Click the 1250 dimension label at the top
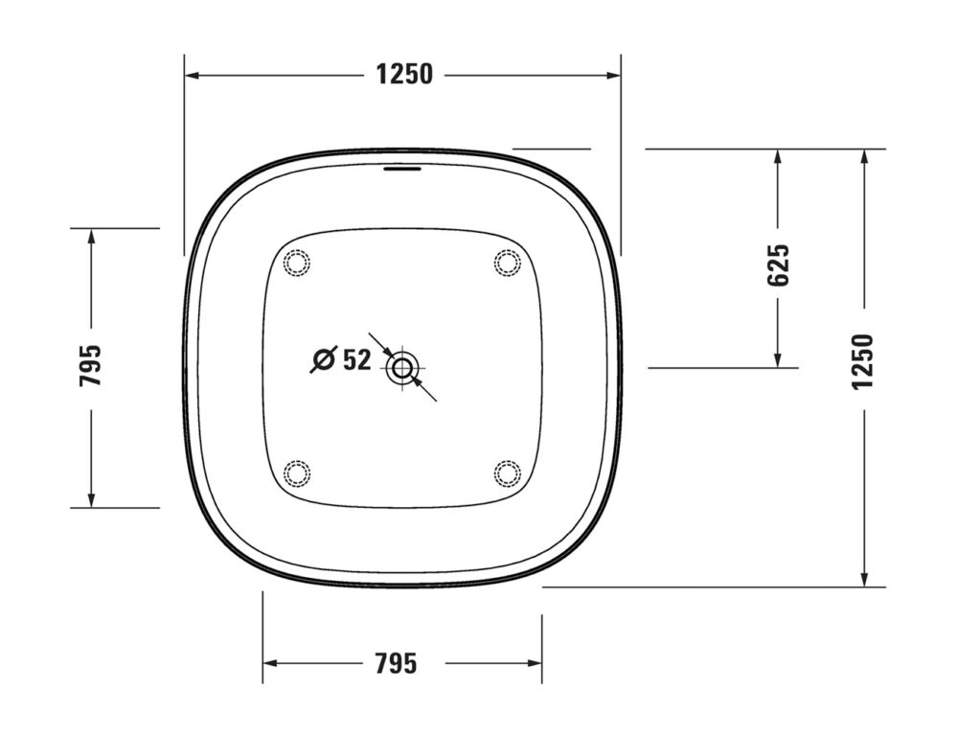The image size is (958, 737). pos(403,74)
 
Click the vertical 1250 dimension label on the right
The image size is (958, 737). pos(863,361)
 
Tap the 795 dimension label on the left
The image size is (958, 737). pos(91,365)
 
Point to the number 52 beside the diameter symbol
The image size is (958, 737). pos(356,360)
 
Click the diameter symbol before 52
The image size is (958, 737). pos(323,360)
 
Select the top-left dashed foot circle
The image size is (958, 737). pos(298,262)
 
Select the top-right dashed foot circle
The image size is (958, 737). pos(507,262)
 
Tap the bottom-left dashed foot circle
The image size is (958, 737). pos(298,472)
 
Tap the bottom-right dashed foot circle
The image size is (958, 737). pos(507,472)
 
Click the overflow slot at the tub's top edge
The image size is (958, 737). pos(402,171)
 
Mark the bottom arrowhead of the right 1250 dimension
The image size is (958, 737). pos(864,579)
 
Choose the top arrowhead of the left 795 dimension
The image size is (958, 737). pos(91,236)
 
